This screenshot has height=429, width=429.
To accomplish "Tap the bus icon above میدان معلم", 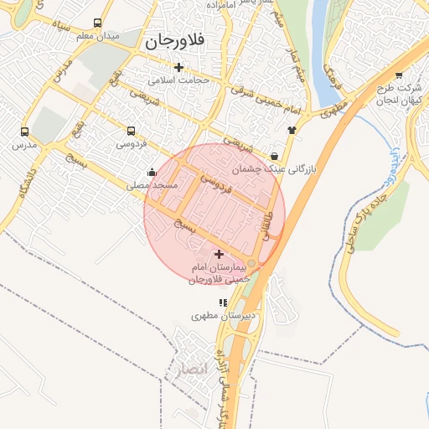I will coord(98,23).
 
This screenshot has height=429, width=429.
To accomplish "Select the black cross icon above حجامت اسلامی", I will coord(178,67).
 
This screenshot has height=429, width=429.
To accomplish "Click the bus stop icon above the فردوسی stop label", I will coord(131,131).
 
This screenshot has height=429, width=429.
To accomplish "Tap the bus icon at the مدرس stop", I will coord(24,132).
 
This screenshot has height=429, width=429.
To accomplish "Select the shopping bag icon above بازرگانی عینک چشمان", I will coord(275,155).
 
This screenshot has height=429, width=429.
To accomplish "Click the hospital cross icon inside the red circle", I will coord(219,254).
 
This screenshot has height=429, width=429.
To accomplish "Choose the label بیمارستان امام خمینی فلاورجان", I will coord(220,272).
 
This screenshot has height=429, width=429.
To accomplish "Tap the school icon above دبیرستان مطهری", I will coord(222,302).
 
